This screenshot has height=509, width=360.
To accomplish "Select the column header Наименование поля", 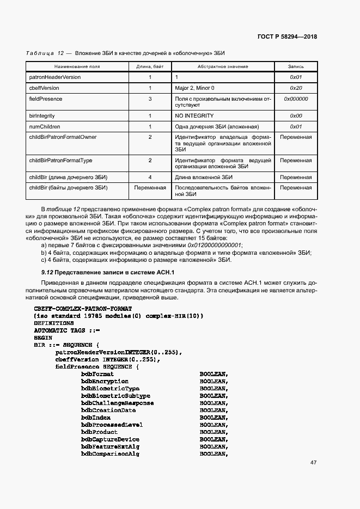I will (64, 66).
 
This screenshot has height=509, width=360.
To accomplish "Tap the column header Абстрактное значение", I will (223, 66).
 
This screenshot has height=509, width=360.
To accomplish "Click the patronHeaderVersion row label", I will (54, 77).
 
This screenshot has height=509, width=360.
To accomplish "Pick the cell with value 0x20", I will (296, 88).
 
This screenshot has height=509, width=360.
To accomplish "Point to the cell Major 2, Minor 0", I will (194, 88).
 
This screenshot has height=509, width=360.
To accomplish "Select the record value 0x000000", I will (296, 99).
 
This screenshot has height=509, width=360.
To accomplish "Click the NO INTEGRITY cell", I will (194, 116).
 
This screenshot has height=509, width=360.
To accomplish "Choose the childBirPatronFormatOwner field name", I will (63, 137).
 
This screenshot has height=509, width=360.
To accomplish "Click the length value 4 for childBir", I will (150, 177).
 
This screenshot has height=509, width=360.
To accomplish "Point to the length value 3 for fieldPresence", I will (150, 99).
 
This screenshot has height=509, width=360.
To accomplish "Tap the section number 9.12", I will (48, 272).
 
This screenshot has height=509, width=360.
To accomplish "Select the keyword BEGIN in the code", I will (43, 338).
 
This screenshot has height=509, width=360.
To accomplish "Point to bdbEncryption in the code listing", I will (105, 382).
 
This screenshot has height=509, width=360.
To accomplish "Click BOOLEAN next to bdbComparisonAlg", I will (213, 454).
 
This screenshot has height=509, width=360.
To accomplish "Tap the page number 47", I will (313, 463).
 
